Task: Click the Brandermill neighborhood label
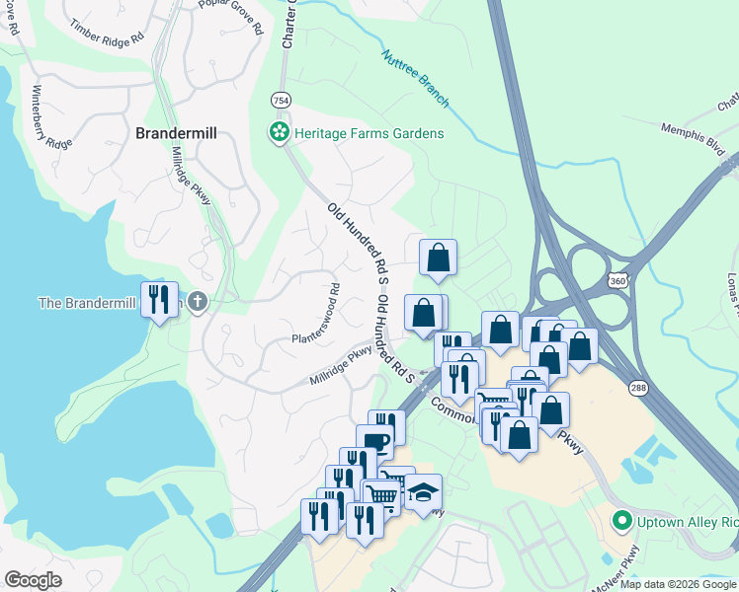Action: pos(175,132)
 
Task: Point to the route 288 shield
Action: pos(639,389)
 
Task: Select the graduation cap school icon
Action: pos(423,492)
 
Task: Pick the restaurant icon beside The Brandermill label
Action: pos(159,299)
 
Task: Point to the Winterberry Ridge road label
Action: pos(51,117)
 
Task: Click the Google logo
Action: pos(34,580)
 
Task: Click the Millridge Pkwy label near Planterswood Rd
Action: pos(341,364)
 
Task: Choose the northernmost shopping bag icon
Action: pos(438,258)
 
